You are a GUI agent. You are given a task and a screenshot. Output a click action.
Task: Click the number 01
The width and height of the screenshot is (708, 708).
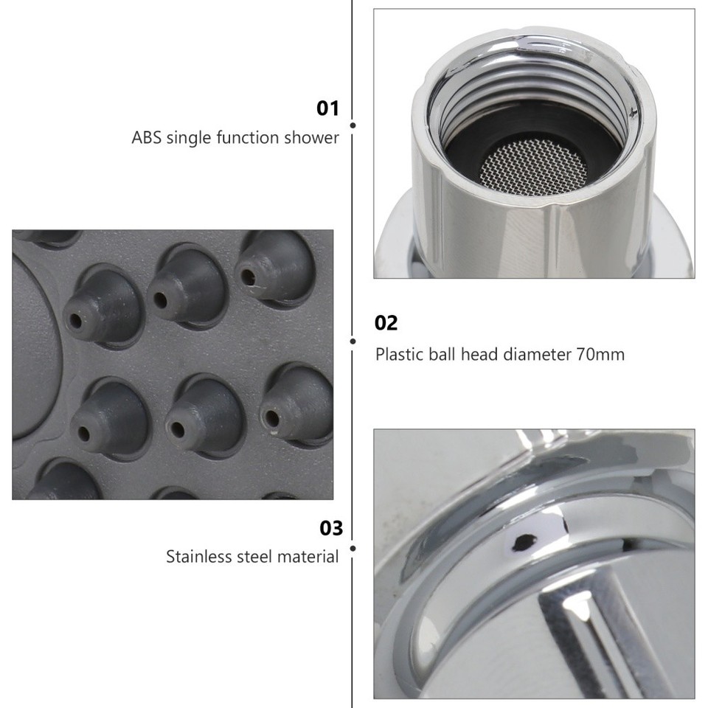click(327, 109)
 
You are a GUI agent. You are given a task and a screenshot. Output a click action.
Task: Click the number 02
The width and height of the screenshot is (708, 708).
click(386, 323)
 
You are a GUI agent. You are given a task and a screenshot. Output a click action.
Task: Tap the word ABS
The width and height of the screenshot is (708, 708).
click(147, 137)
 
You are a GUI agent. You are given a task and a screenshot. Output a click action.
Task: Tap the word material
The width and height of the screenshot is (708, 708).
click(308, 556)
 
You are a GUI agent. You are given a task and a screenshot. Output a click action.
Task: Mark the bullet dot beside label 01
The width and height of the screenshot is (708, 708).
click(353, 126)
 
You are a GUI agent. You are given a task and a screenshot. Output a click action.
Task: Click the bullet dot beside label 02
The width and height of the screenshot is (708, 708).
click(353, 341)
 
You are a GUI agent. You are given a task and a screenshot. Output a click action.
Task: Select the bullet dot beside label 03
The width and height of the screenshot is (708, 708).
click(353, 549)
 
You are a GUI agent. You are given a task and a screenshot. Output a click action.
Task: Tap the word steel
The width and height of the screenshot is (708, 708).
click(253, 556)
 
